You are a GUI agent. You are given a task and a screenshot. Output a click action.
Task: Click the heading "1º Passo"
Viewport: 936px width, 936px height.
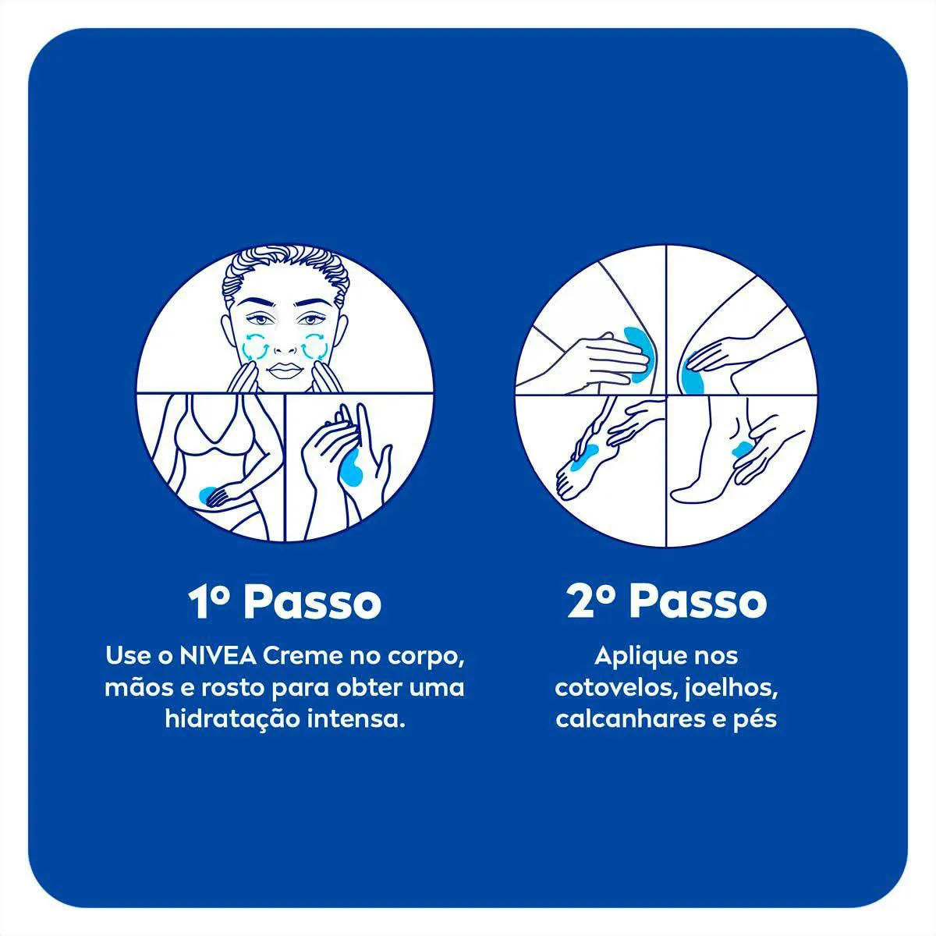click(x=285, y=602)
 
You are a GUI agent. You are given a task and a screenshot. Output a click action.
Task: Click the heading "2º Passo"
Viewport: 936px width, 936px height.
click(x=667, y=602)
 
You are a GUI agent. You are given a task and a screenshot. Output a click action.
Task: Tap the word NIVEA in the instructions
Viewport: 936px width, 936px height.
click(x=218, y=656)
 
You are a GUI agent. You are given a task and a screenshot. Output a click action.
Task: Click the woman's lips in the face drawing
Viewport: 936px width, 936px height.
click(x=285, y=370)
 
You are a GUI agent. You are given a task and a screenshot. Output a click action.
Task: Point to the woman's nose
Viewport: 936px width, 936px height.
click(x=285, y=343)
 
